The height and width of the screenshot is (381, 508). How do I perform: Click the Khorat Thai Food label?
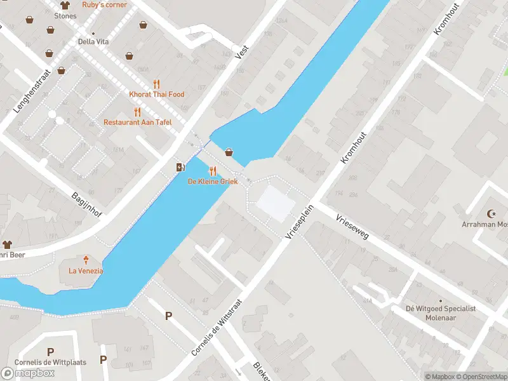pos(157,94)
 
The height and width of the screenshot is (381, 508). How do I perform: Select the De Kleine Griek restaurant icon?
pos(213,171)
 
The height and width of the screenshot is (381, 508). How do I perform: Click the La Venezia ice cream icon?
pos(86,260)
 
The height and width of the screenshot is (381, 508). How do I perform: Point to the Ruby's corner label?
pos(104,4)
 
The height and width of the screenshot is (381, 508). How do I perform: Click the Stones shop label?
pos(65,15)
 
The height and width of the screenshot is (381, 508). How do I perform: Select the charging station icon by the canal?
pos(180,167)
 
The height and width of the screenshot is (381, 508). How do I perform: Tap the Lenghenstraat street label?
pos(31,91)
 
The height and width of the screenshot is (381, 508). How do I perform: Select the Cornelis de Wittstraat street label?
pos(217,327)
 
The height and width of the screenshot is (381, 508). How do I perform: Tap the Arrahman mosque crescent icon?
pos(491,214)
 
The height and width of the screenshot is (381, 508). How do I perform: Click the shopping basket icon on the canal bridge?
pos(229,152)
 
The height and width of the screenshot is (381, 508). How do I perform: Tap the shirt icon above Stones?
pos(64,5)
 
